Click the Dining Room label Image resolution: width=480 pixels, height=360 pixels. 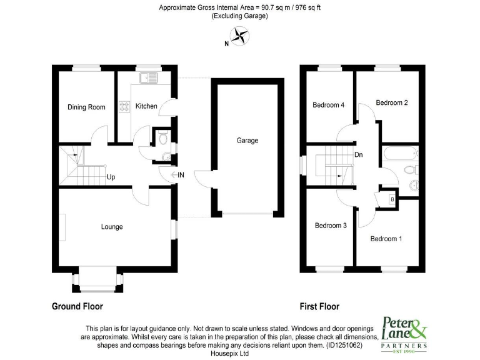click(x=86, y=107)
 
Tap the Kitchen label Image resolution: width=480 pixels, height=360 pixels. click(x=146, y=106)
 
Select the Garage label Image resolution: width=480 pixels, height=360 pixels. click(x=247, y=141)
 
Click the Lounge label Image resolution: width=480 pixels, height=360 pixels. click(x=112, y=226)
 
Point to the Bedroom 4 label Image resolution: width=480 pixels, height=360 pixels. click(x=328, y=105)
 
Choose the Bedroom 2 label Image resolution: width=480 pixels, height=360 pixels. click(x=392, y=102)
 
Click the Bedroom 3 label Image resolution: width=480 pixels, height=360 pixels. click(x=330, y=226)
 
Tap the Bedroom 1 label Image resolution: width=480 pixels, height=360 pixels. click(x=386, y=238)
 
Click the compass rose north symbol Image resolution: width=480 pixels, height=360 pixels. click(x=238, y=37)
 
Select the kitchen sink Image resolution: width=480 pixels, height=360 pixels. click(x=149, y=79)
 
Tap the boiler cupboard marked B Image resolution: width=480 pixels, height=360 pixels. click(x=391, y=199)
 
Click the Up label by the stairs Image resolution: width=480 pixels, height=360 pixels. click(x=111, y=177)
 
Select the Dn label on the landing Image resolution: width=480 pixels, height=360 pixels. click(x=358, y=154)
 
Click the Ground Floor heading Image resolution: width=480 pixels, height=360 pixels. click(x=77, y=306)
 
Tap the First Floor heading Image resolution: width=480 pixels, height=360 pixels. click(x=319, y=306)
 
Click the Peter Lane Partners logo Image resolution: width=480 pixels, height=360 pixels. click(x=404, y=334)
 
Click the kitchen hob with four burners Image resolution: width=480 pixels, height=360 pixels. click(x=124, y=106)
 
